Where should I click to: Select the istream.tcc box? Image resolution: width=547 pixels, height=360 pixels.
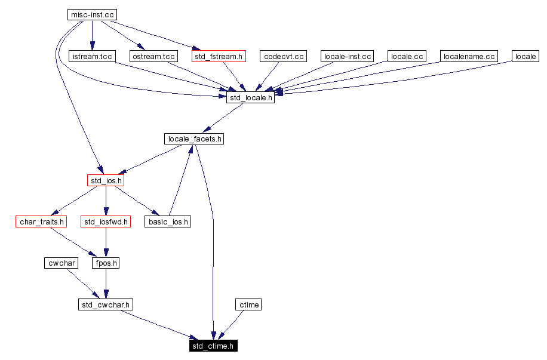pos(91,57)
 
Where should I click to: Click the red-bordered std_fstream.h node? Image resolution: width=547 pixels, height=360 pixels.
pos(219,57)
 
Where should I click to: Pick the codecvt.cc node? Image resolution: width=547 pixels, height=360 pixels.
pos(282,57)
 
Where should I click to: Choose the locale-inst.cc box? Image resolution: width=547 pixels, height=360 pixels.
pos(347,57)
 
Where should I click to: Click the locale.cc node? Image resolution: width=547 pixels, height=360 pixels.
pos(406,57)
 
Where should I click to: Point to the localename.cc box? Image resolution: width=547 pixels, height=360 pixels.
pos(469,57)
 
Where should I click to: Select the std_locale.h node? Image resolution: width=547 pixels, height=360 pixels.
pos(250,98)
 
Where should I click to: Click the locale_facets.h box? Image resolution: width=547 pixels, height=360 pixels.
pos(195,139)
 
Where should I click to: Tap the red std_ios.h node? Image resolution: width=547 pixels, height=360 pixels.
pos(106,180)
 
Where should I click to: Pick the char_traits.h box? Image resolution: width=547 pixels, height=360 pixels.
pos(41,222)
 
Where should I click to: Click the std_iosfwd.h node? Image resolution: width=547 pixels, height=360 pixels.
pos(106,222)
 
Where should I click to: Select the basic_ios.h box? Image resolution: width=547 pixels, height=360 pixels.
pos(168,222)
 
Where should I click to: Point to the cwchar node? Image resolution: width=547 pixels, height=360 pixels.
pos(61,263)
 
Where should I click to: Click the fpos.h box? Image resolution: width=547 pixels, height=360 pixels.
pos(106,263)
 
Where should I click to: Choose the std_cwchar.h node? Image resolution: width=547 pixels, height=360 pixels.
pos(106,304)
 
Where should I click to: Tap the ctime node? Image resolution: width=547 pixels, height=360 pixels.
pos(248,304)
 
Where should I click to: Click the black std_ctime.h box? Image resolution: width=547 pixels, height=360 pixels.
pos(213,346)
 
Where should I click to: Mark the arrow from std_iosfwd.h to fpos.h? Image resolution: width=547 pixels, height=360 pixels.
pos(106,243)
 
